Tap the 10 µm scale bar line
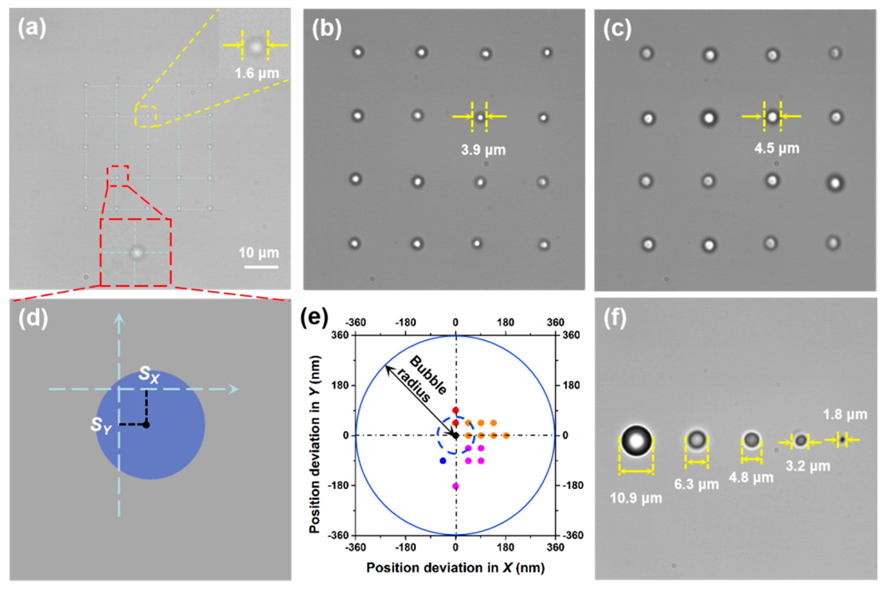261,267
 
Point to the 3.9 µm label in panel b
483,150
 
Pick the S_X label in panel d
149,374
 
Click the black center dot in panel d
147,425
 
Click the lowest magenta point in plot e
455,486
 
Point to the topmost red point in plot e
455,410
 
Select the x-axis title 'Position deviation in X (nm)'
455,568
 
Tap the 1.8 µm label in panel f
845,415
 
